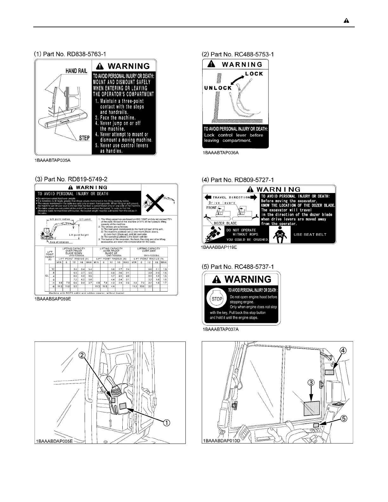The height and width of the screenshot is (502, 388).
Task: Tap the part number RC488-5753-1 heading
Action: [x=238, y=54]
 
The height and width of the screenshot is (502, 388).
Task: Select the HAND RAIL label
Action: [x=76, y=71]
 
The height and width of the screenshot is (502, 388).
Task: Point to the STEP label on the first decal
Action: [x=84, y=138]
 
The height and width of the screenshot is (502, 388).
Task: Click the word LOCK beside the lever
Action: [x=254, y=74]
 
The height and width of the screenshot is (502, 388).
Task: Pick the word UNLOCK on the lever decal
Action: [x=218, y=88]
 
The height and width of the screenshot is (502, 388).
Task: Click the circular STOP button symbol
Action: [x=217, y=299]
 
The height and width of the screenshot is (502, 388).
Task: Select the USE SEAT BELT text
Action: [x=310, y=235]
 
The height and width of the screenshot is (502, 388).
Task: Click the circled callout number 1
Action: [x=166, y=422]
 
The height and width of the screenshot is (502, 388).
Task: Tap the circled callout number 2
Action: [x=82, y=356]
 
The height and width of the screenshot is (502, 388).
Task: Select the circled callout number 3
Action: [x=312, y=383]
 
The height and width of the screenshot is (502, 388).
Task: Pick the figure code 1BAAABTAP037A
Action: [x=221, y=329]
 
